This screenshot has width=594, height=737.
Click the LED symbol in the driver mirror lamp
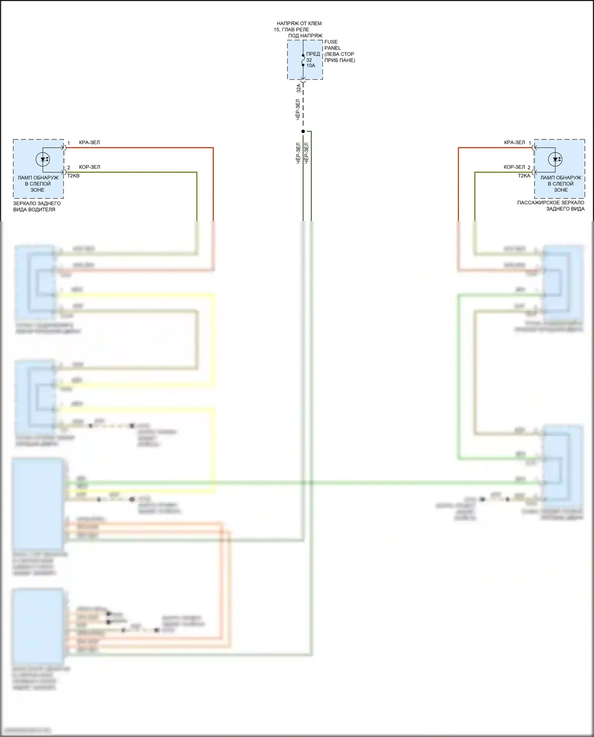[43, 159]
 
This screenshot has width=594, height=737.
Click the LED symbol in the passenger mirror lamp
[555, 159]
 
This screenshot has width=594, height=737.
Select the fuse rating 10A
[311, 66]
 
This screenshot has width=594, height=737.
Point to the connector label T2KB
[73, 176]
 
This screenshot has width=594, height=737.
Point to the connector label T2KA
[524, 176]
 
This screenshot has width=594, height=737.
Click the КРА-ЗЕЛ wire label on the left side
[89, 143]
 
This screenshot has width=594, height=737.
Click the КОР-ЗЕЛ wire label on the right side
[514, 167]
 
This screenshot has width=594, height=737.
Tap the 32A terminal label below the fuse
[299, 88]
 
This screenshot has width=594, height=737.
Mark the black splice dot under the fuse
[303, 131]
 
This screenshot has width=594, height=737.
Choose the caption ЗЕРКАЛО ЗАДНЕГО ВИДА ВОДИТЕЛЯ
[36, 206]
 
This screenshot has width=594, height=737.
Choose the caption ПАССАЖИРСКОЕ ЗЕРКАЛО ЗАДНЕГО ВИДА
[551, 206]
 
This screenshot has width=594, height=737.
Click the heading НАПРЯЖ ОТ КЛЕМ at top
[299, 24]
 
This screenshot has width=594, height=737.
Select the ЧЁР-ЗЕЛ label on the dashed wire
[298, 110]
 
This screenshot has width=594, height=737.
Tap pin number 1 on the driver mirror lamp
[69, 143]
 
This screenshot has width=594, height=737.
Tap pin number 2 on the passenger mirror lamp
[529, 168]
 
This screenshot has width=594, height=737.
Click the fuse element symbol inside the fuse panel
[303, 60]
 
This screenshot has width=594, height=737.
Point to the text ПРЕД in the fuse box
[313, 54]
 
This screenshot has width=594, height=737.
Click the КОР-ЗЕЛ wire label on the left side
[89, 167]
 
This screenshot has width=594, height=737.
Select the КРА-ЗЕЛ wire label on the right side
[514, 143]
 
